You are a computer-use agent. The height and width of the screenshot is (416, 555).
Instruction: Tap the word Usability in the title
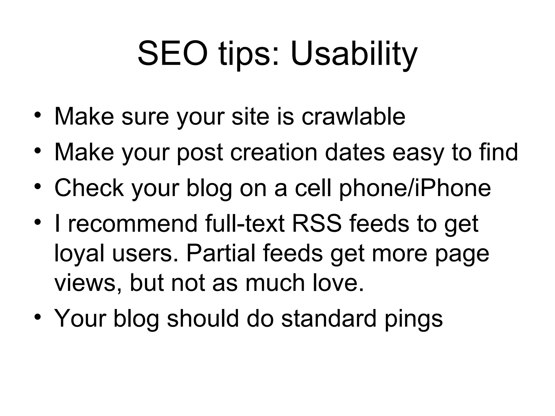354,54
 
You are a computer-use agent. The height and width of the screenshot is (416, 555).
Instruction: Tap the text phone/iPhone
415,188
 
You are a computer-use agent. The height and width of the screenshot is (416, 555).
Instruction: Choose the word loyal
79,254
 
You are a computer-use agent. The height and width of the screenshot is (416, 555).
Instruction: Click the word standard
329,318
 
